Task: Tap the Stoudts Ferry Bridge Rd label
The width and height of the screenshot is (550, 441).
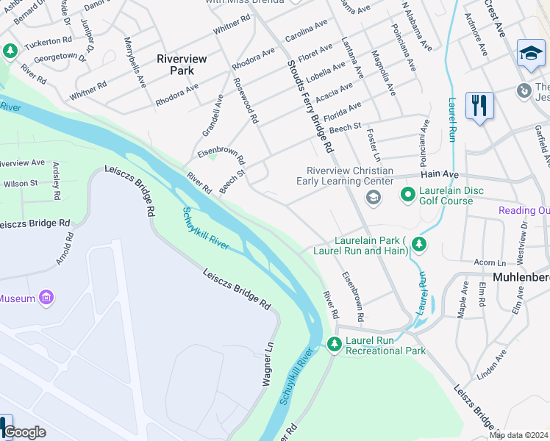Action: click(309, 107)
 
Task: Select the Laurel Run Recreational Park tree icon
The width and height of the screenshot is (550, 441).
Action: click(334, 343)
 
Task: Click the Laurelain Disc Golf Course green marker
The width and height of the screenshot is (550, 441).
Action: click(407, 196)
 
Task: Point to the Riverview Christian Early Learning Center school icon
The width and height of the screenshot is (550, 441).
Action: click(373, 196)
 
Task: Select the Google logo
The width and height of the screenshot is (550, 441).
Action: click(24, 432)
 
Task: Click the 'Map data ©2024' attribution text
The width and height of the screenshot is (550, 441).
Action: click(518, 435)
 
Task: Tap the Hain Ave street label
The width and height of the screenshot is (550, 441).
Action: click(440, 175)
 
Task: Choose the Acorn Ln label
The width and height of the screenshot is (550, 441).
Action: click(490, 262)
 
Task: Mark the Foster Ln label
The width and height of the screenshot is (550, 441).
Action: click(373, 147)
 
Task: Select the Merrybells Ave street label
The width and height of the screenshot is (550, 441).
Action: click(134, 62)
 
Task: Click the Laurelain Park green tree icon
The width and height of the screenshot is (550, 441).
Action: click(418, 243)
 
